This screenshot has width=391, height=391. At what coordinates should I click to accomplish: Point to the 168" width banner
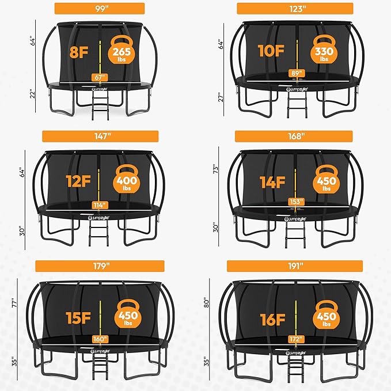coord(295,136)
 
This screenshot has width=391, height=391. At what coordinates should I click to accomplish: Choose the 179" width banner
coord(96,265)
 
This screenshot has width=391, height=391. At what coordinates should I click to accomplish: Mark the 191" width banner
coord(295,265)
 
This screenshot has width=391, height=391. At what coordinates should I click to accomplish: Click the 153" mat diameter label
coord(296,202)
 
